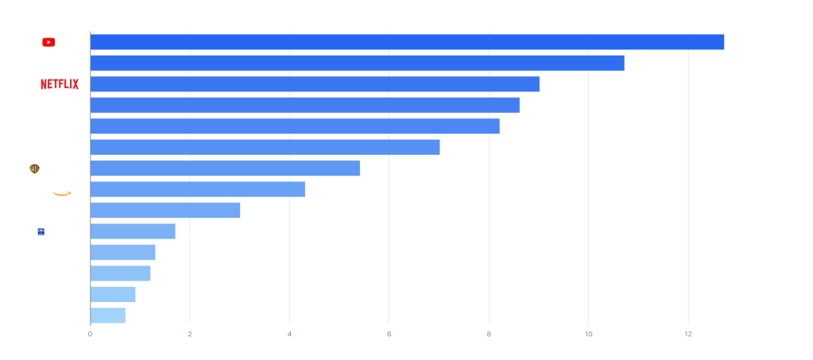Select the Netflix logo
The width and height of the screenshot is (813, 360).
(x=60, y=84)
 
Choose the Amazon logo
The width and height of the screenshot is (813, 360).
(x=64, y=190)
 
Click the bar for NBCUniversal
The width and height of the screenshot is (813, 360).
(x=295, y=126)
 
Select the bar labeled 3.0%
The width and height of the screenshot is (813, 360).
(x=165, y=211)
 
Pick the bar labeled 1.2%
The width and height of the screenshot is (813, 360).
(x=120, y=273)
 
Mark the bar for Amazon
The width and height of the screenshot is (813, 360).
(x=197, y=189)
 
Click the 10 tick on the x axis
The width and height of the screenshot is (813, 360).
(x=588, y=335)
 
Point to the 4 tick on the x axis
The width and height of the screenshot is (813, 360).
(x=289, y=335)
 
